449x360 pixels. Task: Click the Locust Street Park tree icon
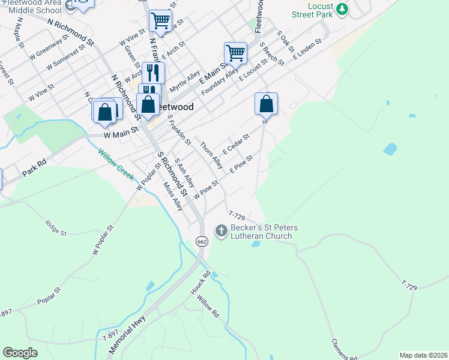point(342,8)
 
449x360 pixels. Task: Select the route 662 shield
point(202,241)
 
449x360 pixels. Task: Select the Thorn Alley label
point(211,155)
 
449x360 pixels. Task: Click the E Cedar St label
point(236,143)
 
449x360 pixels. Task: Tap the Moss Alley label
point(173,196)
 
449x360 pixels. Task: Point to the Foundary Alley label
point(215,81)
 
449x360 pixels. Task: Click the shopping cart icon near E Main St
point(235,53)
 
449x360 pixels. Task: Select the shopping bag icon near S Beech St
point(266,103)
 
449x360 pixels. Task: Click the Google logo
point(20,353)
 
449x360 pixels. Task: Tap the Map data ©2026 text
point(423,355)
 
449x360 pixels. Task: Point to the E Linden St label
point(307,49)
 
